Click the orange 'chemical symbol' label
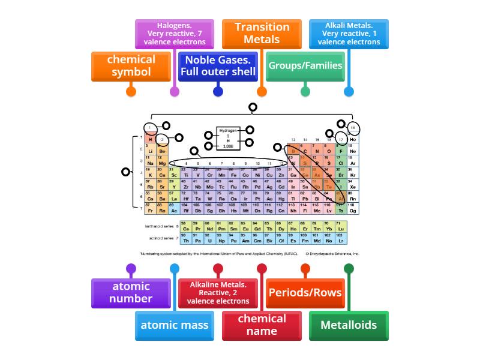(131, 67)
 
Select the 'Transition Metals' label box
(262, 34)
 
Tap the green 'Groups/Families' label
(305, 66)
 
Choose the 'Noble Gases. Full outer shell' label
(218, 67)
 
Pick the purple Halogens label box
(174, 34)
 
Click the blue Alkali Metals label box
(349, 34)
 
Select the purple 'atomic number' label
(131, 293)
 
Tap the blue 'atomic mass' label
(174, 325)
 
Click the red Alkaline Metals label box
(218, 293)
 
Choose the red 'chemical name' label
(262, 325)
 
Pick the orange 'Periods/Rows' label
(305, 293)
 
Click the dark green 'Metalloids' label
(349, 325)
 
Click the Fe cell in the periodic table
(233, 174)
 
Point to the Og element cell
(353, 209)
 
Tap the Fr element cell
(151, 209)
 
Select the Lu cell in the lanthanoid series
(341, 227)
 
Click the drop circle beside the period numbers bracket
(125, 172)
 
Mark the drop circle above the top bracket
(253, 107)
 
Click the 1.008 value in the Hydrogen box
(228, 146)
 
